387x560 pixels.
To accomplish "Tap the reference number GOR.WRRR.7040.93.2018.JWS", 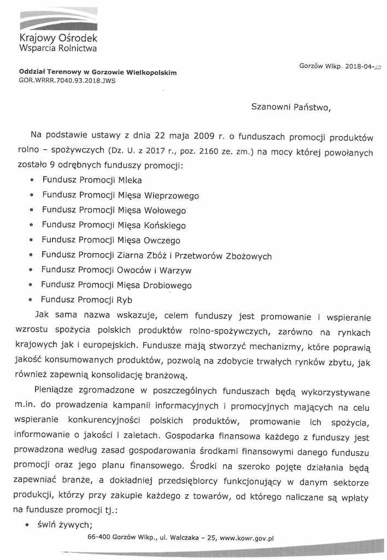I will tap(67, 80).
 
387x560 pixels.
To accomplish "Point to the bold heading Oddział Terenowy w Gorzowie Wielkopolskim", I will tap(98, 72).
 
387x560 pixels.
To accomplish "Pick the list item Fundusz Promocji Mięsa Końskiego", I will tap(114, 225).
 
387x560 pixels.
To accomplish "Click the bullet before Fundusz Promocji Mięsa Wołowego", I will tap(31, 211).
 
